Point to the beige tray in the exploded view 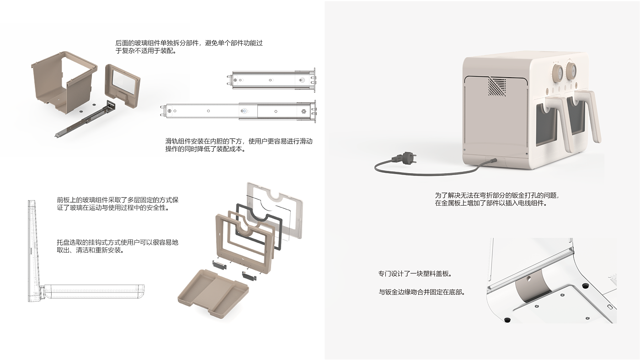point(213,292)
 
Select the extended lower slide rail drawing point(240,111)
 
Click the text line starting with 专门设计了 point(415,274)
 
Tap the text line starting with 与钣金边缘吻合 point(422,292)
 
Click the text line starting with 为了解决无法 point(496,195)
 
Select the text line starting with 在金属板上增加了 point(491,203)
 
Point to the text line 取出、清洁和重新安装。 point(91,250)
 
